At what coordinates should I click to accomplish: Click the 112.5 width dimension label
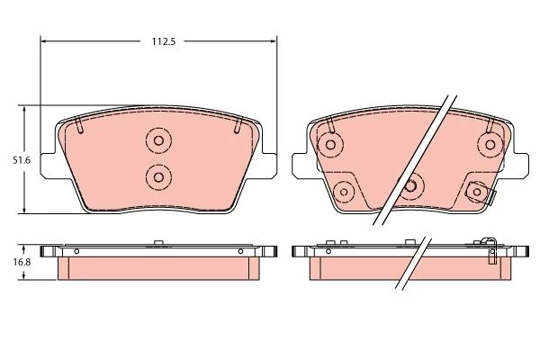click(164, 41)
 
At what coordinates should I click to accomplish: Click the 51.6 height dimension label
click(22, 160)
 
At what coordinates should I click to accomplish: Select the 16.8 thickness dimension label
click(22, 262)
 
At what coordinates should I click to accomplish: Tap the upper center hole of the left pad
click(158, 140)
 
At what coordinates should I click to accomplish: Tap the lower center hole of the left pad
click(158, 177)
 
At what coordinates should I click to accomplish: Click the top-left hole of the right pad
click(330, 145)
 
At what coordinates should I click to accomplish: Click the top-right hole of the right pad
click(490, 145)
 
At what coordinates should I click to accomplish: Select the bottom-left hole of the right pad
click(344, 192)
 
